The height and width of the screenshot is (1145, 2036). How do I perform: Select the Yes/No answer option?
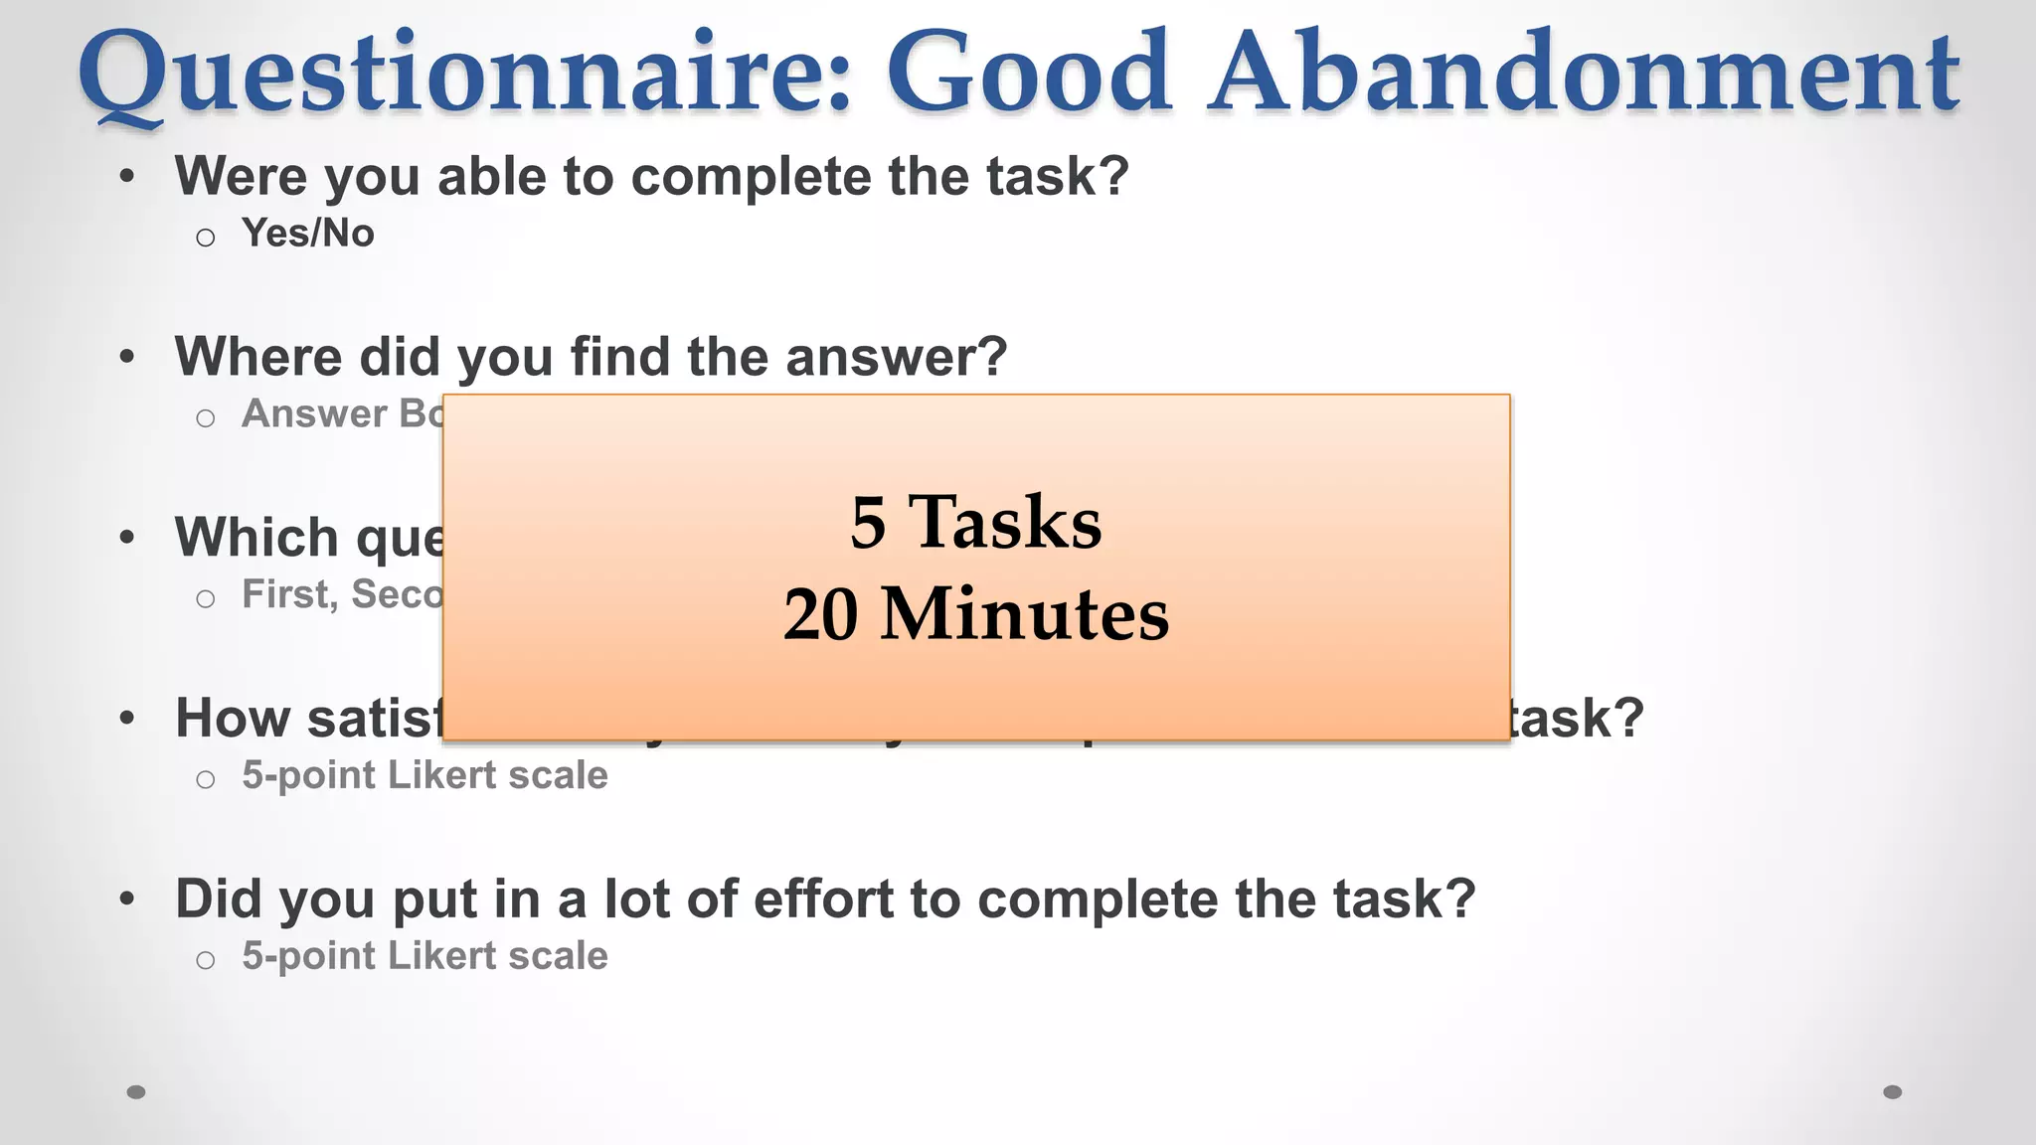coord(308,234)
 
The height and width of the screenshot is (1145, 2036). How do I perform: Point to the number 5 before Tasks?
coord(868,523)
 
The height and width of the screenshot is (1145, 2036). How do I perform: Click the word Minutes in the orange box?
coord(1025,614)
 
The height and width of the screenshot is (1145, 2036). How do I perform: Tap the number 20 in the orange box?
coord(821,614)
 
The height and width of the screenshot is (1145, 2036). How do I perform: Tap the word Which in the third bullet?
coord(257,538)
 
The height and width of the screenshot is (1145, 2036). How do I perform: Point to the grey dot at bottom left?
coord(136,1092)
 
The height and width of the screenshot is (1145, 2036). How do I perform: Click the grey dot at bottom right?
coord(1893,1092)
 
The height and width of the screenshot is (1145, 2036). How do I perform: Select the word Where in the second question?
coord(258,357)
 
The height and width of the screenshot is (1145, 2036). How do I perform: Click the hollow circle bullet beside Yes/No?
coord(206,238)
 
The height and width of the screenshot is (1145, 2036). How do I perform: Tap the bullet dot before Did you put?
coord(126,899)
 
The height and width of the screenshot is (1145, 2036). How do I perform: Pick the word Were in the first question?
coord(242,176)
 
